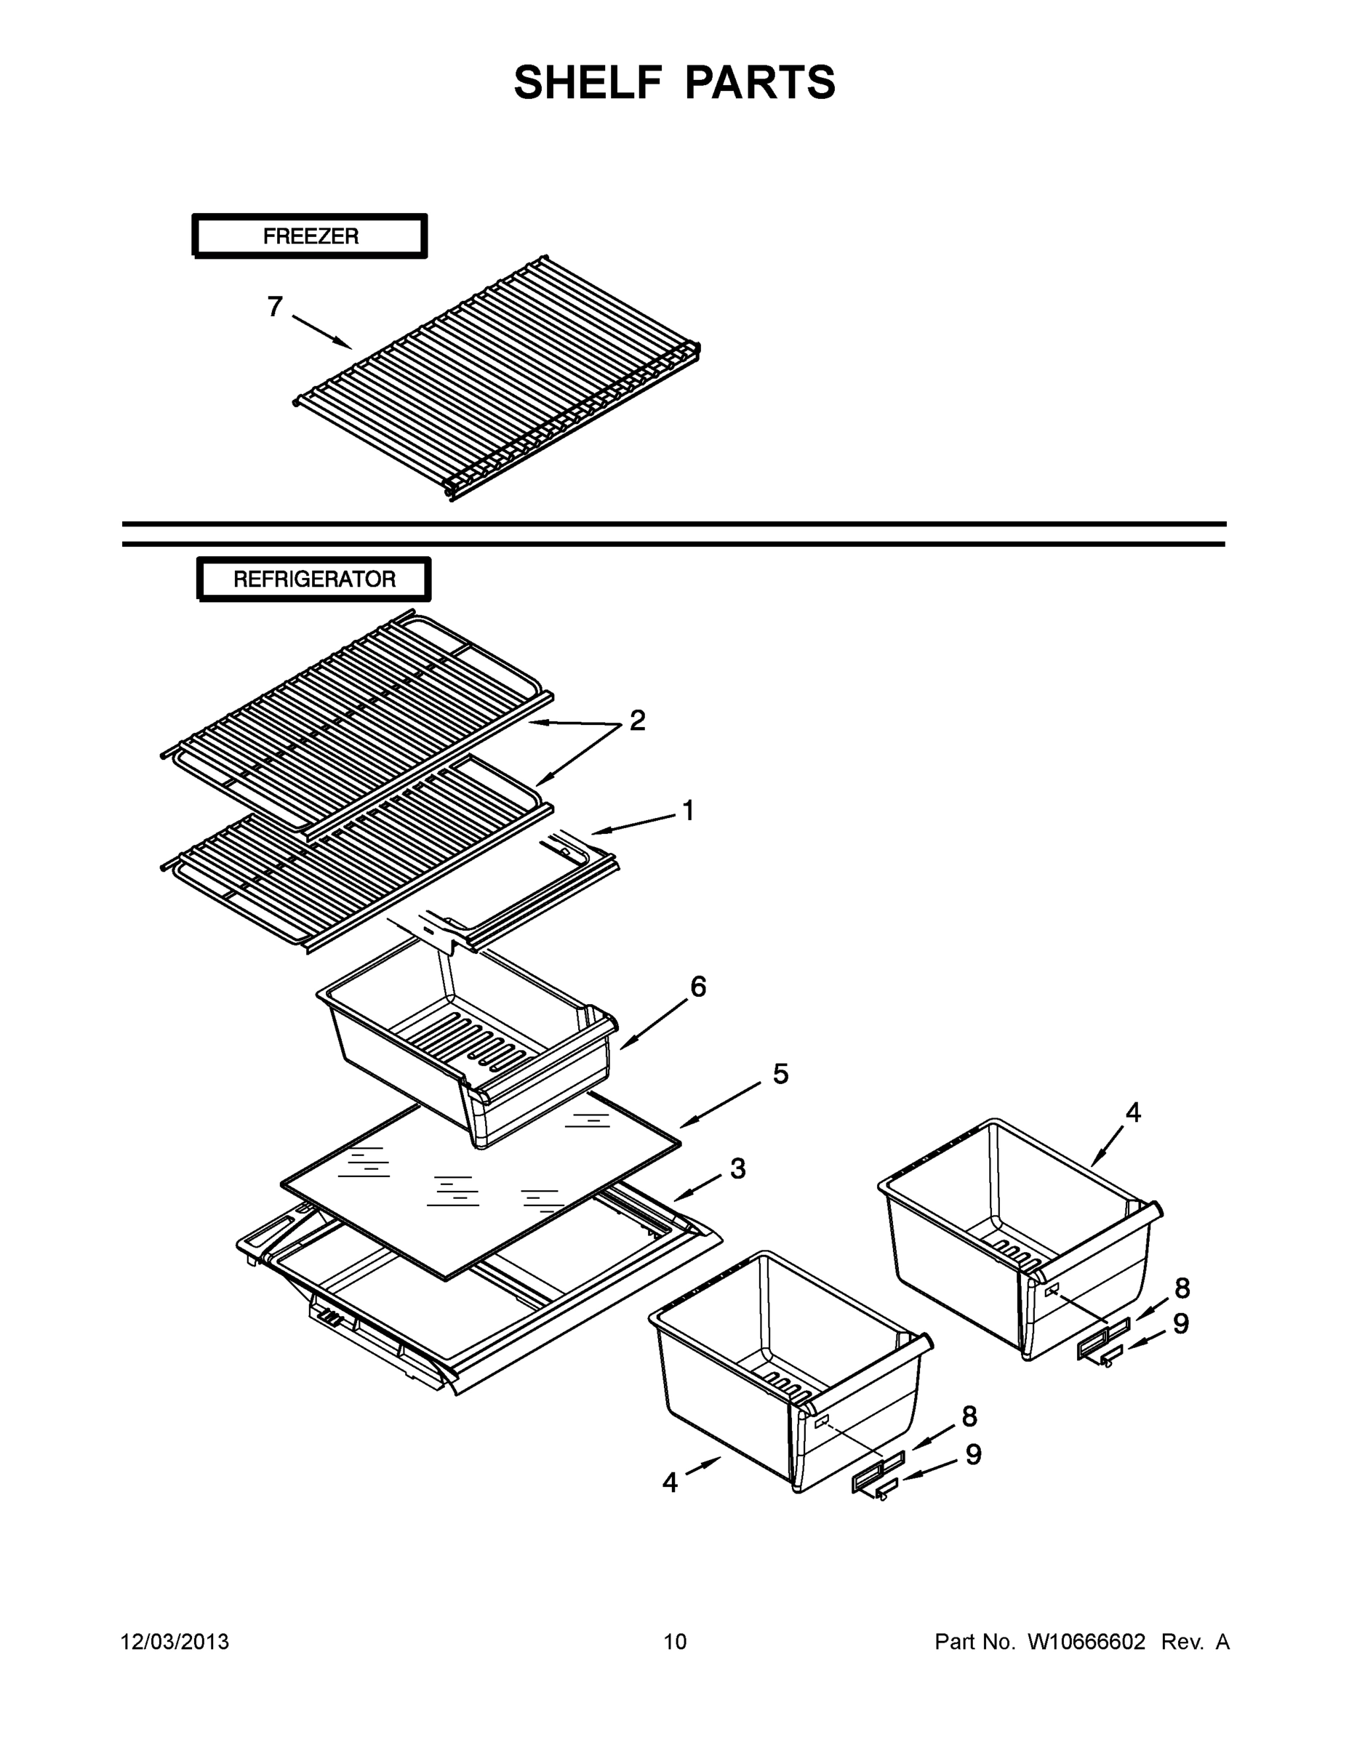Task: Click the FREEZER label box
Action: point(310,236)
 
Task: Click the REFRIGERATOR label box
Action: point(314,579)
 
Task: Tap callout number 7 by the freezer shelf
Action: point(275,307)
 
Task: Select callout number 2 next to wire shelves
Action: point(637,721)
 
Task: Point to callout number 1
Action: point(687,811)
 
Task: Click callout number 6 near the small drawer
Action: point(697,987)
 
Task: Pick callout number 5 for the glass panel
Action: point(780,1074)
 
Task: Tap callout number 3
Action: point(737,1169)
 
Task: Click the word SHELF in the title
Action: point(588,82)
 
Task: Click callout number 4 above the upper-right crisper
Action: point(1133,1112)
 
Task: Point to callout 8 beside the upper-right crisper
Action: point(1182,1288)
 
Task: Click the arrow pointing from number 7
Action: point(322,332)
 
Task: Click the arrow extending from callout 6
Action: point(653,1024)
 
